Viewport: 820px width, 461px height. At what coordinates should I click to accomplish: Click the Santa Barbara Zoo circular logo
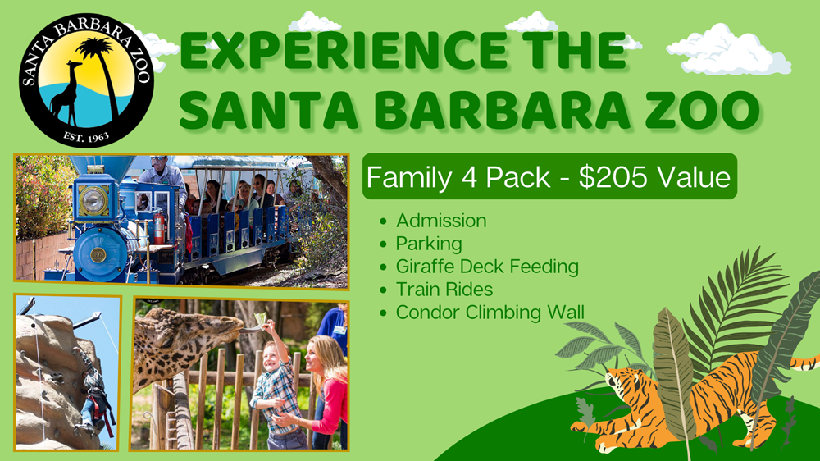pos(87,80)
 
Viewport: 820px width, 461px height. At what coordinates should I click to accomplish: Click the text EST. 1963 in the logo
pos(86,137)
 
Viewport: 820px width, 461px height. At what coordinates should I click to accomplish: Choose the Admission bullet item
pos(441,221)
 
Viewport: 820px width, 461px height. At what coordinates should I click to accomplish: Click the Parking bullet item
pos(429,244)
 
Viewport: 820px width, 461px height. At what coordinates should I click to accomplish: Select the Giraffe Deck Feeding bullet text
pos(487,267)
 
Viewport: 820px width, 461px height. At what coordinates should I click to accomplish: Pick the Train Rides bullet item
pos(444,290)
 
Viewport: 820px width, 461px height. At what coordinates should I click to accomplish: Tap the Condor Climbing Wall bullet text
pos(490,313)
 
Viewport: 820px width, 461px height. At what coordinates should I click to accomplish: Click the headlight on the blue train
pos(93,200)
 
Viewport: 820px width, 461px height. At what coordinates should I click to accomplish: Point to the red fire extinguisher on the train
pos(158,228)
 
